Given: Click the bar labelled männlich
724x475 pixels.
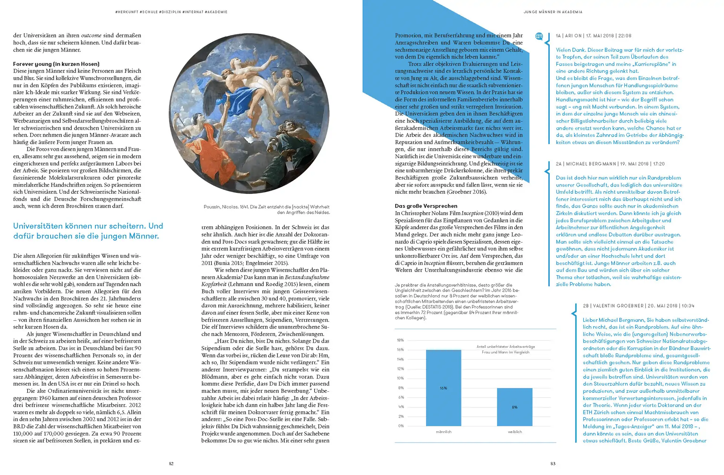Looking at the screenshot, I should [443, 388].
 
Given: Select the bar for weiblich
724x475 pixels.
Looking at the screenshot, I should [515, 407].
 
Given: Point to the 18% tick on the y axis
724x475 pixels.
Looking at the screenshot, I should [400, 340].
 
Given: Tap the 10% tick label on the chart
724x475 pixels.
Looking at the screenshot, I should [400, 378].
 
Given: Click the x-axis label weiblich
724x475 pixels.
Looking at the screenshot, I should [515, 432].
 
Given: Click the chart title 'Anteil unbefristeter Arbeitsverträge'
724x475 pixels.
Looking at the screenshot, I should [506, 346].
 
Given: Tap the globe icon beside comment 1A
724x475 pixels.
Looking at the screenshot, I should [539, 36].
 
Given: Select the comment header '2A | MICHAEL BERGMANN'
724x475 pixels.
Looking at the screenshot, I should [591, 164].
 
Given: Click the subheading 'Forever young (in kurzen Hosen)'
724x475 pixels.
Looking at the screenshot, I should [56, 64].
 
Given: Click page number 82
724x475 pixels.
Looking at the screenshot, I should [171, 464].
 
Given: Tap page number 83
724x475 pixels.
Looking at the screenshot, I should [553, 464].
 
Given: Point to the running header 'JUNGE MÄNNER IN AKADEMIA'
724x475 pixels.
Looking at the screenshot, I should [553, 12].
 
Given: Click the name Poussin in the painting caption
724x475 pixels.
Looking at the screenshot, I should [213, 207].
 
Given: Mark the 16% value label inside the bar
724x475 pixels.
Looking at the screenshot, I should [443, 388].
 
